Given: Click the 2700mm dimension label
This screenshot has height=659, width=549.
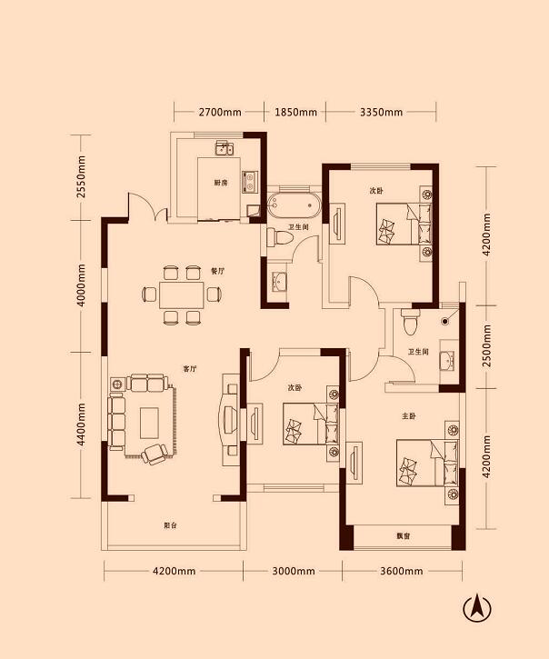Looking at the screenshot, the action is (220, 112).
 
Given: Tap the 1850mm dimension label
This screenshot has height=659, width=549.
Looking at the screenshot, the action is (295, 112).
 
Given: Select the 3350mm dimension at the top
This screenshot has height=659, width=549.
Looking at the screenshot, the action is (381, 112).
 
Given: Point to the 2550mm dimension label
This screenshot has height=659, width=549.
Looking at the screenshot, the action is (81, 177).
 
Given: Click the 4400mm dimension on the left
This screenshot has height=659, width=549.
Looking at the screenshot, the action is (81, 424).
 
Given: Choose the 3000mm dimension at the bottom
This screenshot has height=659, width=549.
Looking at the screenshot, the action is (294, 571).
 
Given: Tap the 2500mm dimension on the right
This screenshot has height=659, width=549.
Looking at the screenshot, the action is (486, 345).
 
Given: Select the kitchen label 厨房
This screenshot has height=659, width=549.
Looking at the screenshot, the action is (221, 183).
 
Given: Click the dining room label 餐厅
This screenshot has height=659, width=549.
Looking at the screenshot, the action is (217, 271).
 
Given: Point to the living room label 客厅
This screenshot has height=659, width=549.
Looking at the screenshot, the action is (190, 369).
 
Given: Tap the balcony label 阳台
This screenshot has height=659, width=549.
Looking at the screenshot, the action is (170, 525).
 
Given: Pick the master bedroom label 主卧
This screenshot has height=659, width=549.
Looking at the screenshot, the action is (409, 416).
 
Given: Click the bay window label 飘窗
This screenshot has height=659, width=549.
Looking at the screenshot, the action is (404, 536).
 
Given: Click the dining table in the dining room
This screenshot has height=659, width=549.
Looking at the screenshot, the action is (181, 295).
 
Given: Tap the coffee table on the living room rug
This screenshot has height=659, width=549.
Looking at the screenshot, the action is (149, 423).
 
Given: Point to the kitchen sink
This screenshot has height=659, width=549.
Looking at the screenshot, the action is (225, 148).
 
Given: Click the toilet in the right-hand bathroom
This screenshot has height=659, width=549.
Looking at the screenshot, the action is (411, 322).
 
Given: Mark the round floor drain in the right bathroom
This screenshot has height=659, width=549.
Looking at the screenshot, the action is (444, 322).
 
